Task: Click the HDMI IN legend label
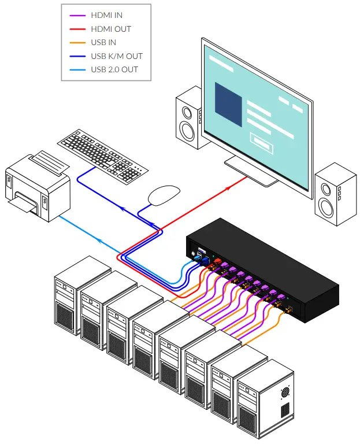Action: [106, 15]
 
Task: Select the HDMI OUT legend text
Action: [111, 29]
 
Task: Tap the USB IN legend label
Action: [103, 42]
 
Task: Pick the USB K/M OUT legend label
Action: [117, 56]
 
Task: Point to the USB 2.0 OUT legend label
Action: [114, 69]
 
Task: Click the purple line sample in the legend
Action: [77, 15]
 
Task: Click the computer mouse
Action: [164, 195]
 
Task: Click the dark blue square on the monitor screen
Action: [228, 105]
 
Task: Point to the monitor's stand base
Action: [250, 172]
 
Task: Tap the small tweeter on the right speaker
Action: [326, 189]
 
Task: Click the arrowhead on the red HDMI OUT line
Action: [228, 188]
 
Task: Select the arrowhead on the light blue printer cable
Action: [99, 240]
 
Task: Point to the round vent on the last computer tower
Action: [285, 392]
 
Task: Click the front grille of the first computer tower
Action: [65, 315]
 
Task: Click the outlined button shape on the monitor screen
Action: [262, 143]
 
